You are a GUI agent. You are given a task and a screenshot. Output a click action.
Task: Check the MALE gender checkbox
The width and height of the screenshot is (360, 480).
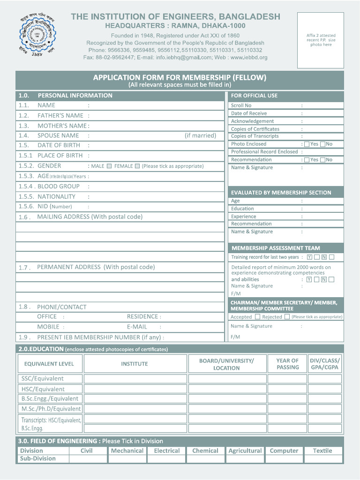109,166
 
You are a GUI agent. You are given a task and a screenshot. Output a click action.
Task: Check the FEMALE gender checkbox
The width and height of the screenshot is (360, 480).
137,166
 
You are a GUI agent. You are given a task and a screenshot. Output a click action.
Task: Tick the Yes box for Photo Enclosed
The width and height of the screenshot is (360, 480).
307,144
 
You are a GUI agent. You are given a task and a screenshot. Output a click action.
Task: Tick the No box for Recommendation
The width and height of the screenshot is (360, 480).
322,160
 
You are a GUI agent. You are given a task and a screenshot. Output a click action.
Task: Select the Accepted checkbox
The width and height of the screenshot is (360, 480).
257,317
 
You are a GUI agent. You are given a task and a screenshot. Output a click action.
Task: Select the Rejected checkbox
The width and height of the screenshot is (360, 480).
287,317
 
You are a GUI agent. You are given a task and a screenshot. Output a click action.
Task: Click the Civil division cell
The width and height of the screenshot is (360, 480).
87,450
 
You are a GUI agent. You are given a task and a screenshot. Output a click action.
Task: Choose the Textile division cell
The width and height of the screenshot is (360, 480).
322,450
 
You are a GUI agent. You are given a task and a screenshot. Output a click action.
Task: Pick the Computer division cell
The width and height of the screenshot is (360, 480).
284,450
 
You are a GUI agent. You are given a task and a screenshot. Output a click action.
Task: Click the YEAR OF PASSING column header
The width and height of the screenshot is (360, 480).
287,364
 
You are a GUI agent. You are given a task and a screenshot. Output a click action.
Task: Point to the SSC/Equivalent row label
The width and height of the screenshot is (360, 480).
42,379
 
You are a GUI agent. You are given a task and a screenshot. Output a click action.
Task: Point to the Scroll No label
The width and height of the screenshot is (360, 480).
241,105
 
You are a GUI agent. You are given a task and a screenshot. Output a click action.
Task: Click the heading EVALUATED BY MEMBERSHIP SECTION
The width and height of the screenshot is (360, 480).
281,193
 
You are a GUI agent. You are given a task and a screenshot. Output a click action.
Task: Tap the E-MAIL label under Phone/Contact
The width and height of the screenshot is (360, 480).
137,327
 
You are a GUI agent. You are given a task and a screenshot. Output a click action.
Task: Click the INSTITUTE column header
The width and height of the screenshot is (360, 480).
134,364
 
